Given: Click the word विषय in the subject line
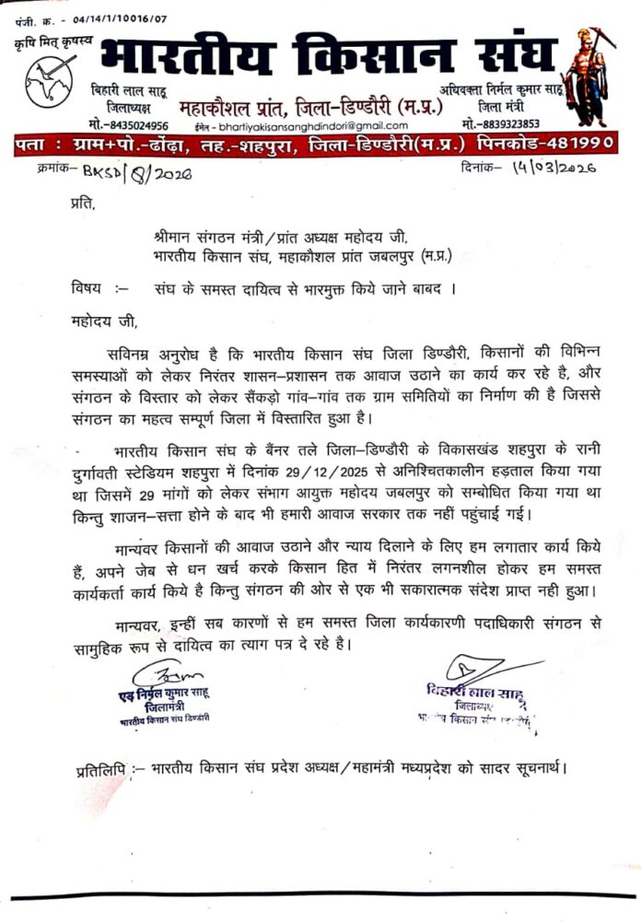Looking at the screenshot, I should (x=87, y=287).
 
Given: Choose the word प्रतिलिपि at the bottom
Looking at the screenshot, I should (x=99, y=767).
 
